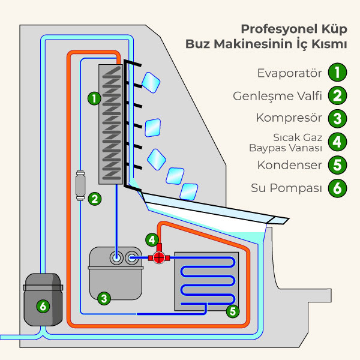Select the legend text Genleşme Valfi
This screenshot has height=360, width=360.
click(x=278, y=96)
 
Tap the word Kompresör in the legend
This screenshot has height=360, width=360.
click(x=289, y=118)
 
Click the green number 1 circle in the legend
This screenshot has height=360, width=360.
click(x=338, y=73)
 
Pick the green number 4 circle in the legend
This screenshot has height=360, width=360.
click(x=338, y=142)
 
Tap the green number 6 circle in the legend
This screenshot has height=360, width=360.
click(x=338, y=188)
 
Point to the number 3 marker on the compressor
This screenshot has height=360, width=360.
click(x=103, y=297)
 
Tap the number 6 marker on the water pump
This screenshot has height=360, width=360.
click(x=42, y=306)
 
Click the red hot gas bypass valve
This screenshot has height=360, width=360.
click(x=159, y=258)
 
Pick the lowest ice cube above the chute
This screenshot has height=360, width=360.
click(x=190, y=191)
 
